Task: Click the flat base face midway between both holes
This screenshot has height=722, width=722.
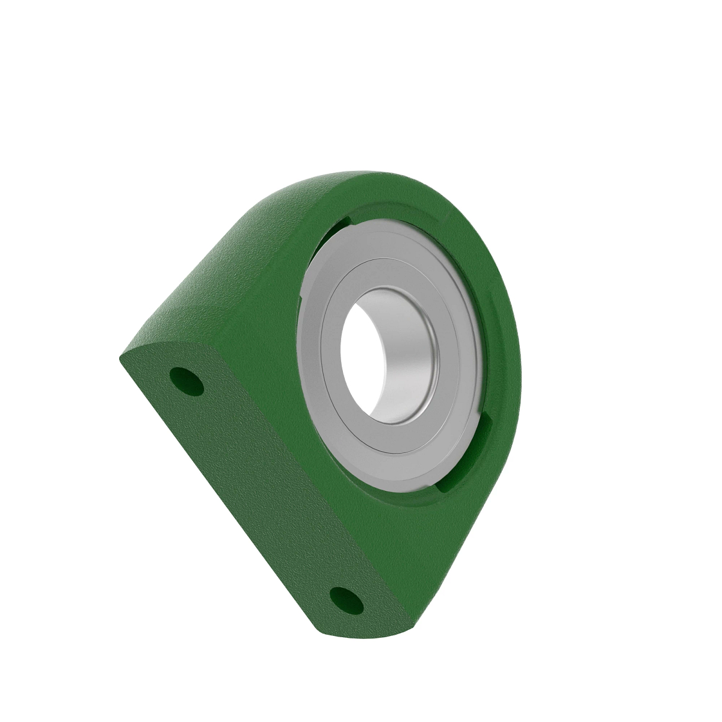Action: pos(265,487)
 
